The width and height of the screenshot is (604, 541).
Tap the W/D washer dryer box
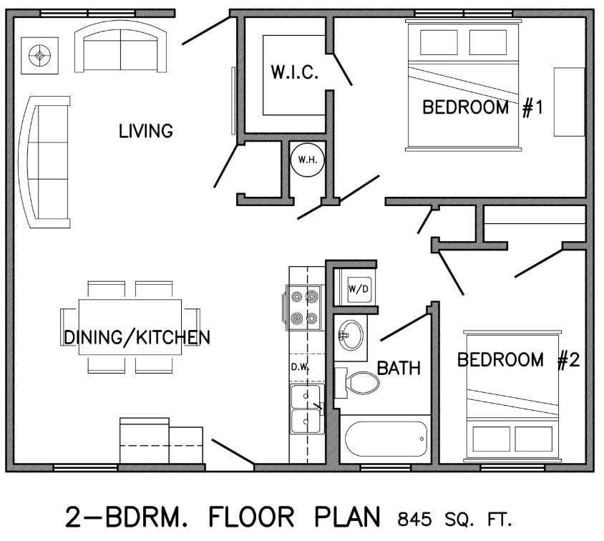(x=358, y=288)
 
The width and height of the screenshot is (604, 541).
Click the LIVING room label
(x=146, y=131)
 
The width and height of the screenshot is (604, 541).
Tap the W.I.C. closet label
(x=294, y=72)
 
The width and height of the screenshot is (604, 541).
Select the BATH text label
(x=399, y=369)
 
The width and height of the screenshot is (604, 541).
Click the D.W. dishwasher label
(x=299, y=367)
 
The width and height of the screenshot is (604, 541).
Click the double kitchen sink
(x=306, y=409)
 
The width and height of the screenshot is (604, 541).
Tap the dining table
(x=130, y=327)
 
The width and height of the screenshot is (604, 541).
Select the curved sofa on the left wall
(x=46, y=162)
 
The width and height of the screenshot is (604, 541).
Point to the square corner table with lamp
(x=39, y=54)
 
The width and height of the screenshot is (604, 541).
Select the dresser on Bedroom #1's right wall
(x=569, y=102)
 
